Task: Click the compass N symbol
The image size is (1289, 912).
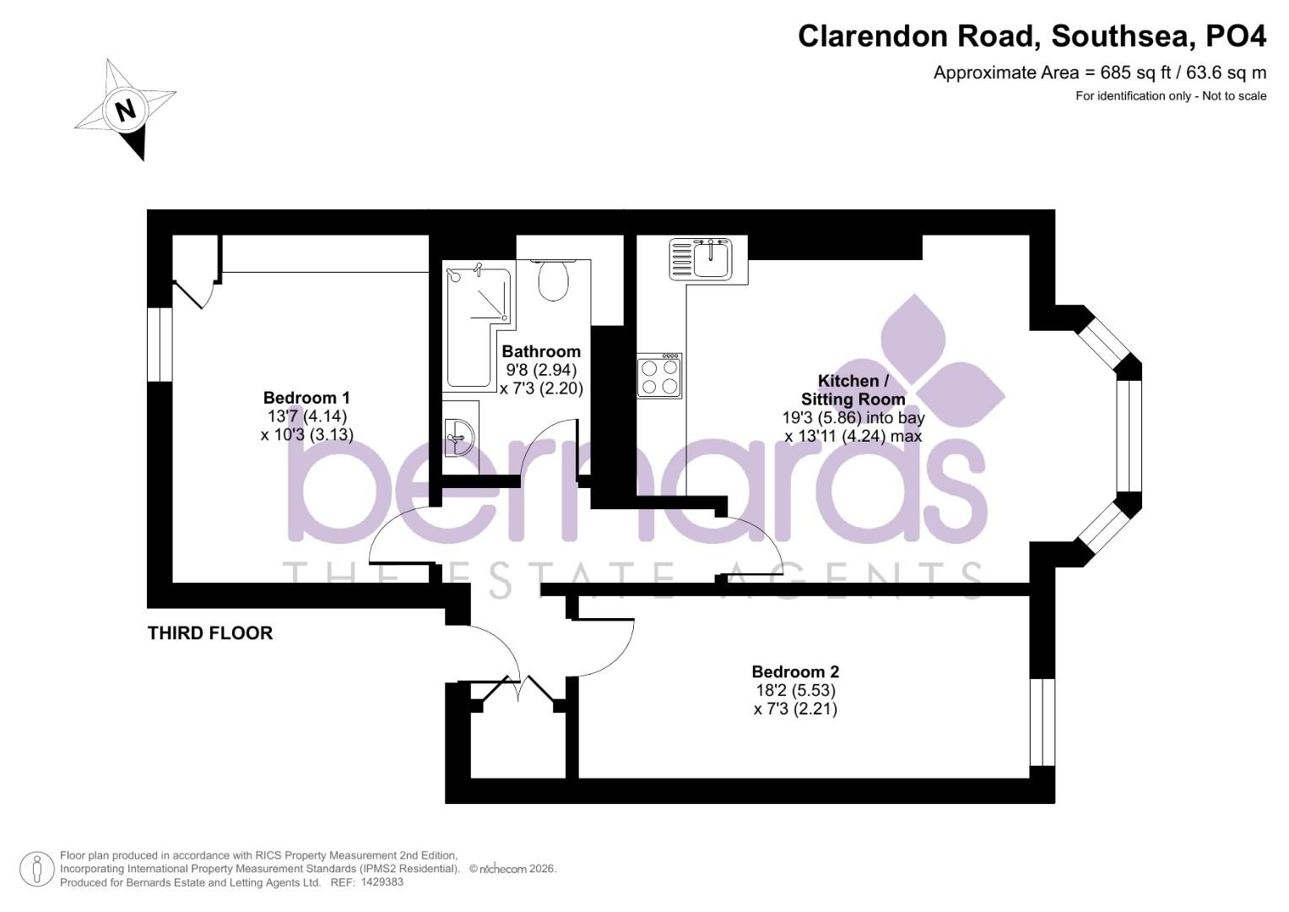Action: (x=126, y=110)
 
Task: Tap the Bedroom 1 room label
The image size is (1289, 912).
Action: (x=306, y=398)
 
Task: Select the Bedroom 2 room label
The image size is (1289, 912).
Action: (x=795, y=672)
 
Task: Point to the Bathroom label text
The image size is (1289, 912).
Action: (x=541, y=351)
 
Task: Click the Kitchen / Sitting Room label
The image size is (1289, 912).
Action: (x=853, y=390)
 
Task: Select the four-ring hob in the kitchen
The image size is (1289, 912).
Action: (x=660, y=377)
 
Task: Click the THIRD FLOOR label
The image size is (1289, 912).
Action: (x=210, y=633)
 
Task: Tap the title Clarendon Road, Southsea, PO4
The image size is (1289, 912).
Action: (x=1032, y=36)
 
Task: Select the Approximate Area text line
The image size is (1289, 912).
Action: (x=1099, y=73)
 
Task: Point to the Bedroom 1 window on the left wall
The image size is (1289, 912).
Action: (x=160, y=344)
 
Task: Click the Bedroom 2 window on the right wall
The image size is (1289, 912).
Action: (x=1043, y=722)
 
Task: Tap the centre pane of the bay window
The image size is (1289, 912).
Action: (x=1129, y=436)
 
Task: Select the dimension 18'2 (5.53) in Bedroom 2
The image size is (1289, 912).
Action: (x=795, y=691)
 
